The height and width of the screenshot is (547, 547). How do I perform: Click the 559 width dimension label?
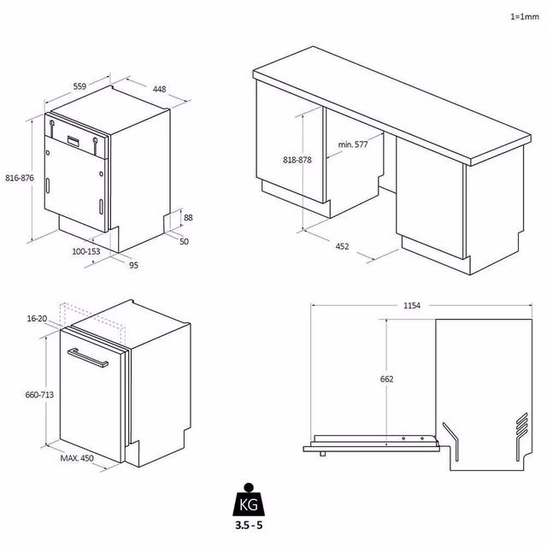click(x=80, y=86)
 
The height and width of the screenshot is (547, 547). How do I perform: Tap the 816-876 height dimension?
click(x=18, y=178)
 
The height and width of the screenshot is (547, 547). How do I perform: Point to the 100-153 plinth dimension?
click(x=86, y=251)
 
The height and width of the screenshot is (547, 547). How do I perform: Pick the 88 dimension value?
click(x=188, y=218)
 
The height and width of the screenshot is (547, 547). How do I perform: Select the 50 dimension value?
click(x=184, y=242)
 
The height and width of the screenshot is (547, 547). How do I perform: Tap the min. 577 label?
click(x=352, y=144)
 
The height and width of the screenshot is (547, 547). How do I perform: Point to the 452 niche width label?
click(x=342, y=246)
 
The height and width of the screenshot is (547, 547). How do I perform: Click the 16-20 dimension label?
click(x=37, y=318)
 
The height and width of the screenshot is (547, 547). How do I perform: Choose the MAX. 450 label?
click(x=77, y=458)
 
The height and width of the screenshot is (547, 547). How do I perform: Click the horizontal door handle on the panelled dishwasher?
click(x=90, y=359)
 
